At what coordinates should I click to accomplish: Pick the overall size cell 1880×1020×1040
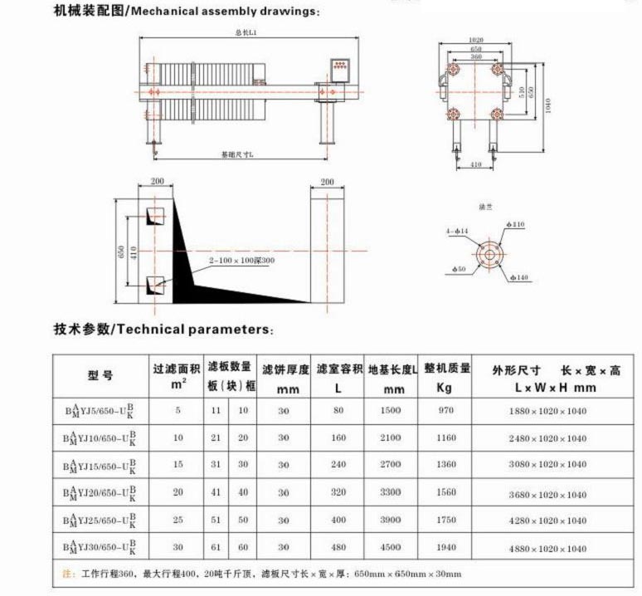[x=547, y=411]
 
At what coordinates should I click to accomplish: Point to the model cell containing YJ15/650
[x=100, y=466]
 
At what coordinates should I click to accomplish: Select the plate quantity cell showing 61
[x=216, y=547]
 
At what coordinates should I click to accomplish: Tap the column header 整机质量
[x=447, y=369]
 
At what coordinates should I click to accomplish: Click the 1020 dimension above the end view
[x=476, y=40]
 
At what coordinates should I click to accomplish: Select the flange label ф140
[x=518, y=277]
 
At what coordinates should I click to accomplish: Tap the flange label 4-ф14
[x=457, y=230]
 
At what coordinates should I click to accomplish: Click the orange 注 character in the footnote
[x=66, y=574]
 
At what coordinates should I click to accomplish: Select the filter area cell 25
[x=177, y=520]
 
